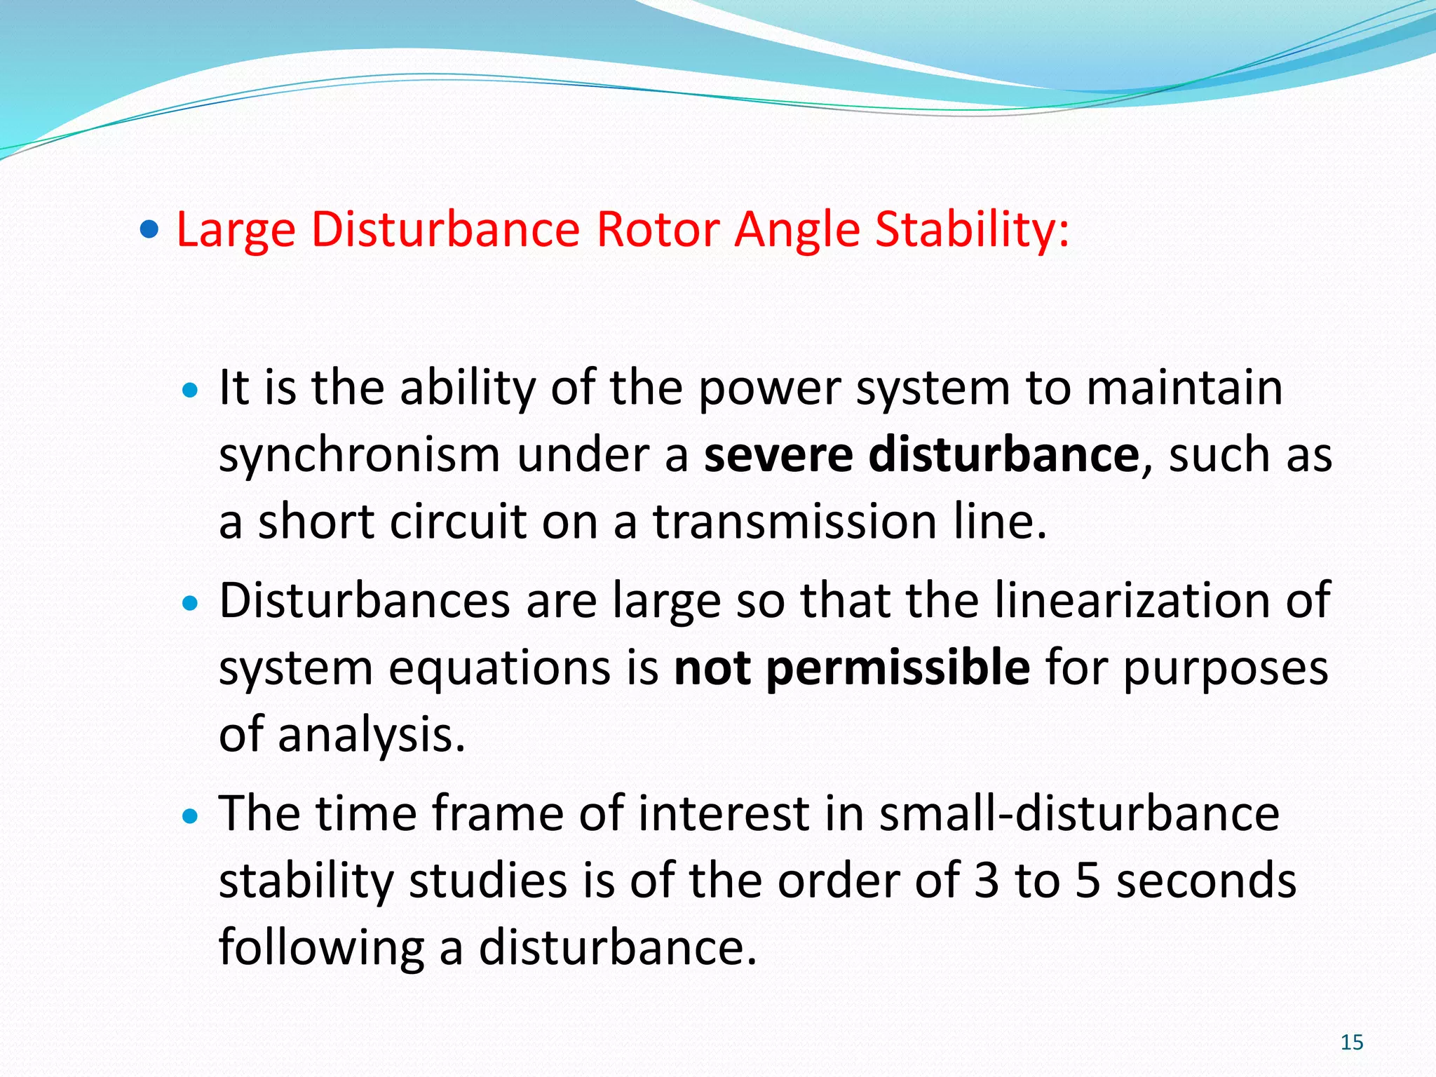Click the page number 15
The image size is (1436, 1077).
point(1352,1042)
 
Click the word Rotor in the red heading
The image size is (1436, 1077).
point(658,229)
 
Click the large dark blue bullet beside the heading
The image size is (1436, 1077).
point(149,229)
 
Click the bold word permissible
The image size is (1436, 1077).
point(898,669)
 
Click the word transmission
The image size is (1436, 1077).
point(795,522)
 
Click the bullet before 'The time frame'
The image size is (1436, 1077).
point(190,816)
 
